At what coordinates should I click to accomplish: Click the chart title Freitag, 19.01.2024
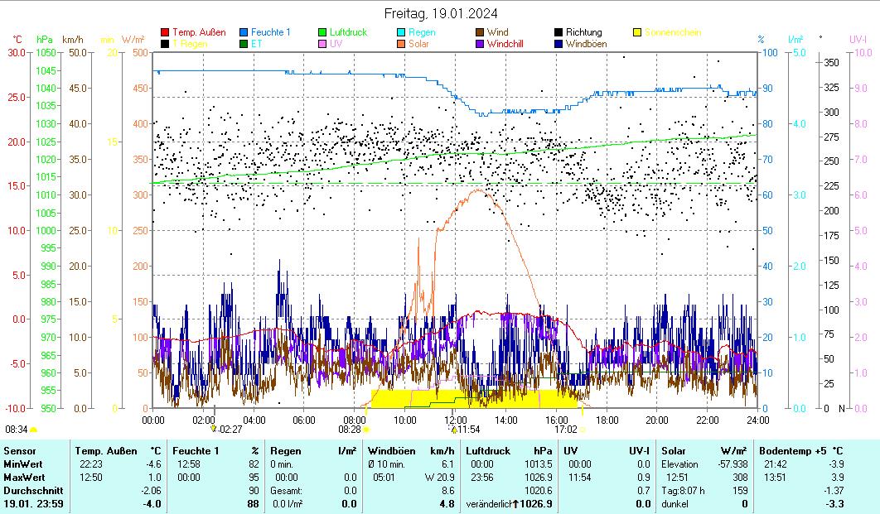click(441, 13)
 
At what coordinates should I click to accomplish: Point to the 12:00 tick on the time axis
click(455, 420)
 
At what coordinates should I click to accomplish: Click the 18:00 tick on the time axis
click(607, 420)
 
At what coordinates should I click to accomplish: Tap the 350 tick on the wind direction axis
click(832, 63)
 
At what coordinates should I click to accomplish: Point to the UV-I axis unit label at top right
click(858, 39)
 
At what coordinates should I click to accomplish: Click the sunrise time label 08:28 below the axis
click(349, 430)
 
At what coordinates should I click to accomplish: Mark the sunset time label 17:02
click(565, 430)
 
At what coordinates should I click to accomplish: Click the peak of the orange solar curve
click(477, 190)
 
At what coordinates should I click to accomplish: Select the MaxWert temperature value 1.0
click(155, 478)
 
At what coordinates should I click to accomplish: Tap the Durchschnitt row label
click(30, 491)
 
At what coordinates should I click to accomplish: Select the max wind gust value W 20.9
click(439, 478)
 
